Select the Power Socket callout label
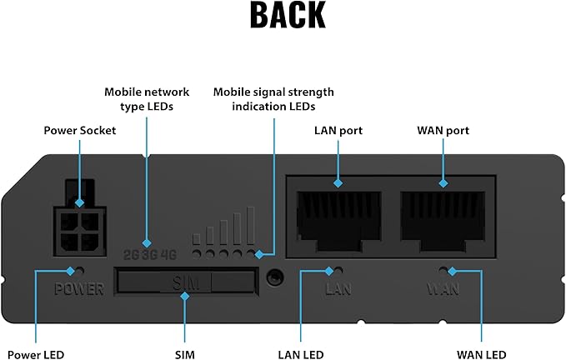(x=79, y=130)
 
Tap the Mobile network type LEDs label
(x=147, y=98)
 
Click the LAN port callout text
(x=338, y=130)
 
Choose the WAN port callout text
(x=443, y=130)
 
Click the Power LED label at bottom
(x=36, y=354)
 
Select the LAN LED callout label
(x=301, y=354)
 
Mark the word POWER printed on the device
(x=79, y=290)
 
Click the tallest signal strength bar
(x=249, y=226)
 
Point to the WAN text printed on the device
(x=443, y=290)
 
